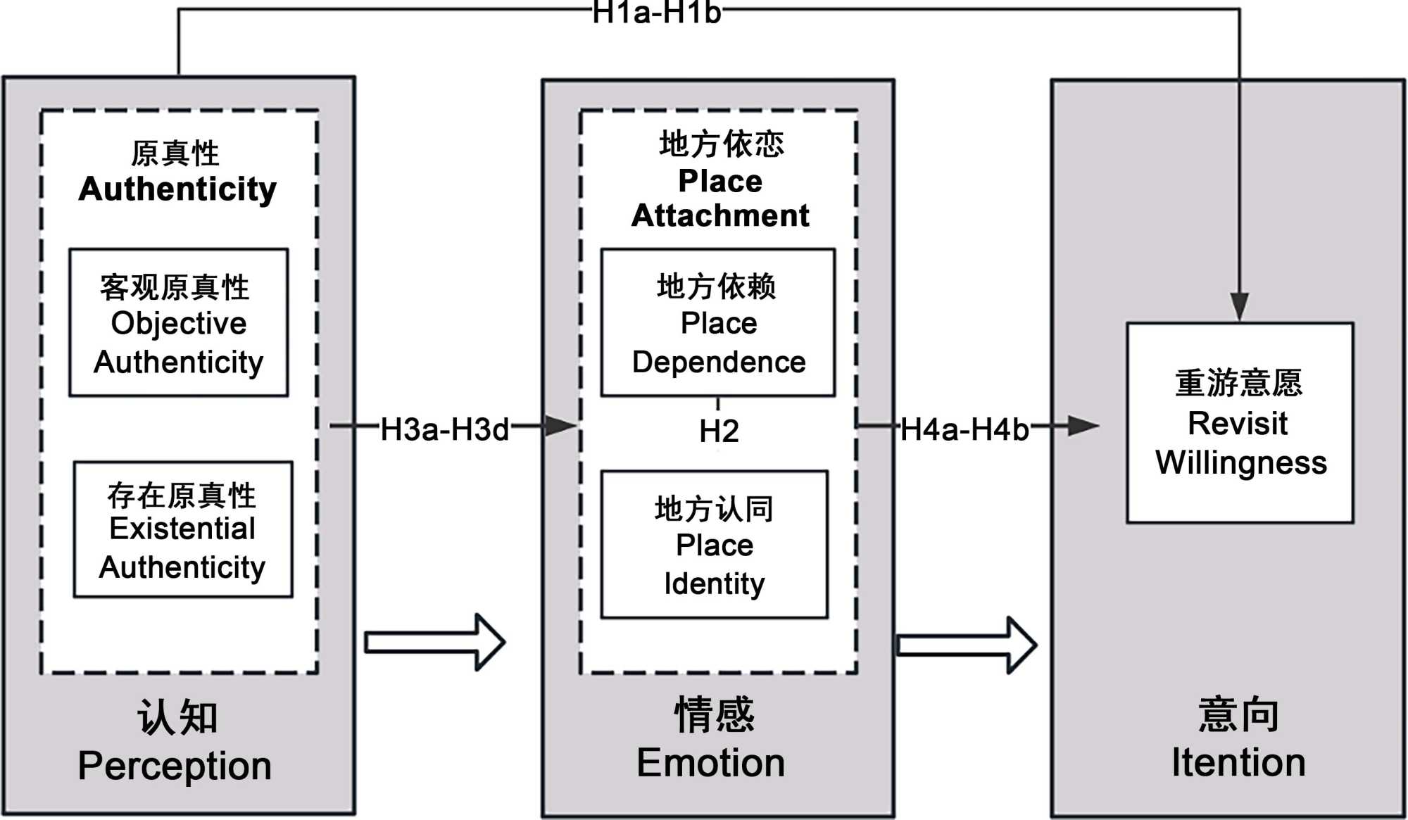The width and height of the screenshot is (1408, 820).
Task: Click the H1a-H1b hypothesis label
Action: [x=656, y=12]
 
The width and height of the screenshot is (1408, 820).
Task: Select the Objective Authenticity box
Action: [x=179, y=323]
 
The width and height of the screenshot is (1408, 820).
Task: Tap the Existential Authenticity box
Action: [x=183, y=529]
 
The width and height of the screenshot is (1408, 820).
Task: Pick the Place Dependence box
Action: [x=718, y=323]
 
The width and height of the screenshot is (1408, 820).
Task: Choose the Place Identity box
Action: [x=714, y=545]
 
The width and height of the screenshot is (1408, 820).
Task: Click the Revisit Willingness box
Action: [x=1240, y=422]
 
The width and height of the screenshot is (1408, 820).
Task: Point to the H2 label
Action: [x=719, y=431]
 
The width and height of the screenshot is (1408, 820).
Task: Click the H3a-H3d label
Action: [x=444, y=429]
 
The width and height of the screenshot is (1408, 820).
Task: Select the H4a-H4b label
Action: [x=964, y=429]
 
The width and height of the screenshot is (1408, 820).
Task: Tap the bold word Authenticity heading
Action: [x=177, y=189]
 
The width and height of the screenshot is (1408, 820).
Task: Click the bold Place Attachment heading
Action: [x=720, y=198]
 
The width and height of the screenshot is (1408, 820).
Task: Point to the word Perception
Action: [x=175, y=766]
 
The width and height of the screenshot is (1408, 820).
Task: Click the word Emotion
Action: [x=710, y=763]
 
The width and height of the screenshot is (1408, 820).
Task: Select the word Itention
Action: [x=1238, y=763]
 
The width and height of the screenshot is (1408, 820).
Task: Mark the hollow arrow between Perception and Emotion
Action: [x=435, y=642]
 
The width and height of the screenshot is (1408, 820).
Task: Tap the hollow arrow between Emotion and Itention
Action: [x=966, y=645]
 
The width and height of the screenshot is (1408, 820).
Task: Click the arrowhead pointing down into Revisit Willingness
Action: [x=1239, y=307]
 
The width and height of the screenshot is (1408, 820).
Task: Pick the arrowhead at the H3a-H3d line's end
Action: [x=560, y=425]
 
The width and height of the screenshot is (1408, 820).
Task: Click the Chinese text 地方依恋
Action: [x=721, y=144]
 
